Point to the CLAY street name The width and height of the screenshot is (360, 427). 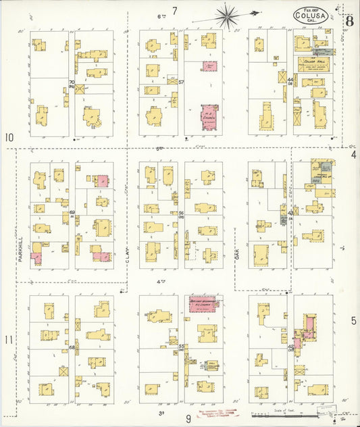(126, 255)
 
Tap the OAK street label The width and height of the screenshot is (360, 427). (237, 255)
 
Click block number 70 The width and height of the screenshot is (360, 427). (71, 83)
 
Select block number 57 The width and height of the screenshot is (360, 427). (182, 82)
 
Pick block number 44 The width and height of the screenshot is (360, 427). (290, 80)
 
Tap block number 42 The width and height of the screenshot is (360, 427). (290, 347)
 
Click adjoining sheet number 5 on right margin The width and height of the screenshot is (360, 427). (353, 321)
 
